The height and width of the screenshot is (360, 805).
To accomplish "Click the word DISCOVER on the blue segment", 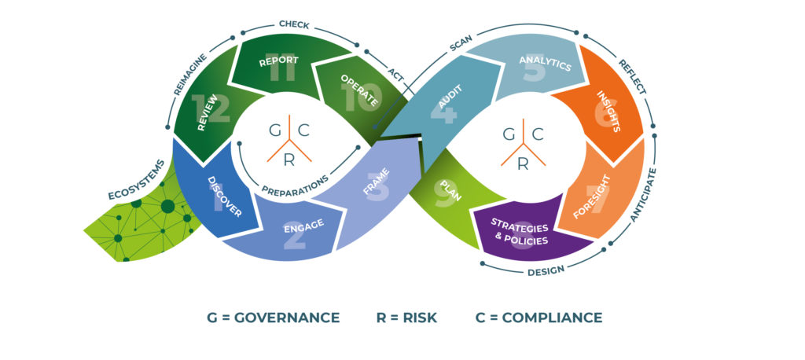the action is [224, 197].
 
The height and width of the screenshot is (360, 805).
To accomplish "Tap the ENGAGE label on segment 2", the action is [304, 226].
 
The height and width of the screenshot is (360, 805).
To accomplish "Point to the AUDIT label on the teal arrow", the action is [450, 97].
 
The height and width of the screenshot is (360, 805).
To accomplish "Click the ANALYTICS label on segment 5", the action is [546, 63].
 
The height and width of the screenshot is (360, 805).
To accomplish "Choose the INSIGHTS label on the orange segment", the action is [609, 111].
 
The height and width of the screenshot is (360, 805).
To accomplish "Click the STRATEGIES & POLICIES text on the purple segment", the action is [520, 231].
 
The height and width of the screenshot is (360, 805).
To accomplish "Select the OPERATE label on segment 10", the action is [359, 90].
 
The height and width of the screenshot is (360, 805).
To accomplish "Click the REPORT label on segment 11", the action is [279, 61].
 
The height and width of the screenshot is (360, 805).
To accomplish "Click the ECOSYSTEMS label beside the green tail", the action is [137, 180].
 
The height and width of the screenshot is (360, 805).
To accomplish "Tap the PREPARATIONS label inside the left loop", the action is [295, 186].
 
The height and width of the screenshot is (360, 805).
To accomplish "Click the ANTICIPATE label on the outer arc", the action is [643, 195].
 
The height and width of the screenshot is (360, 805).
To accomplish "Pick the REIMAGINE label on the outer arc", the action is [190, 74].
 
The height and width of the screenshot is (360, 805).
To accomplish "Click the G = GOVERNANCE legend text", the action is [273, 318].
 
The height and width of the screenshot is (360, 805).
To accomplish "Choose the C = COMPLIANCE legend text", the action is [539, 318].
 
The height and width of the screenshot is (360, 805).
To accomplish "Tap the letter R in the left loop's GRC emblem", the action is [289, 160].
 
